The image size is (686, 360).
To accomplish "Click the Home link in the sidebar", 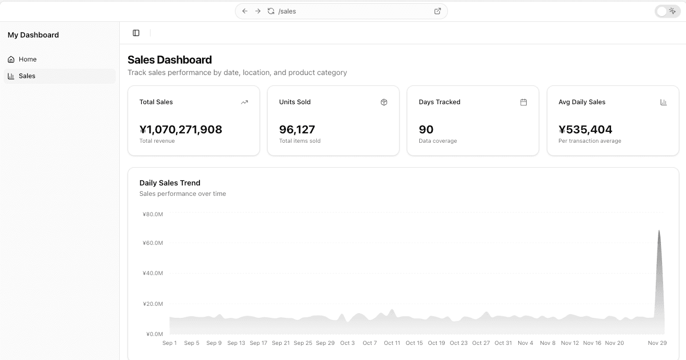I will pos(27,59).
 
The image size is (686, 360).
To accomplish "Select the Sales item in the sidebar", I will pos(27,76).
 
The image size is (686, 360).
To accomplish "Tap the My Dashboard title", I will pos(33,35).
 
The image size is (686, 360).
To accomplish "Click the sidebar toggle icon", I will pos(136,33).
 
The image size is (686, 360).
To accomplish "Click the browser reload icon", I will pos(271,11).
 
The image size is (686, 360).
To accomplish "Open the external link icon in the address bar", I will pos(438,11).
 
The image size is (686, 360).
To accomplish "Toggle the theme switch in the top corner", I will pos(667,11).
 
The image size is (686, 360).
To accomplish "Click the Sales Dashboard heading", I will pos(170,60).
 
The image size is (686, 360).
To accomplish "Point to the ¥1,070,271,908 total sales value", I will pos(181,130).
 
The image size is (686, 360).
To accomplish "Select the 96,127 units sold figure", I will pos(297,130).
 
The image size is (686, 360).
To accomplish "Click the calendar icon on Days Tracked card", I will pos(523,102).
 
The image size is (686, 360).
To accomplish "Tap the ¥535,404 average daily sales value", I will pos(585,130).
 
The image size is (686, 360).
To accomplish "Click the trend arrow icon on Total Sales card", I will pos(244,102).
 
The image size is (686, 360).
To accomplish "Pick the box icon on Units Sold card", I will pos(384,102).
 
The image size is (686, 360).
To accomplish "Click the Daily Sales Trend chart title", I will pos(170,183).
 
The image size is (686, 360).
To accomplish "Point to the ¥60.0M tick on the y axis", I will pos(153,243).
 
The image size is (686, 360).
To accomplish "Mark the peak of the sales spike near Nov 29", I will pos(659,230).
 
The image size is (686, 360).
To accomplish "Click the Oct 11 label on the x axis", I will pos(392,343).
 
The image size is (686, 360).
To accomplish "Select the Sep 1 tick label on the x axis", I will pos(170,343).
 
